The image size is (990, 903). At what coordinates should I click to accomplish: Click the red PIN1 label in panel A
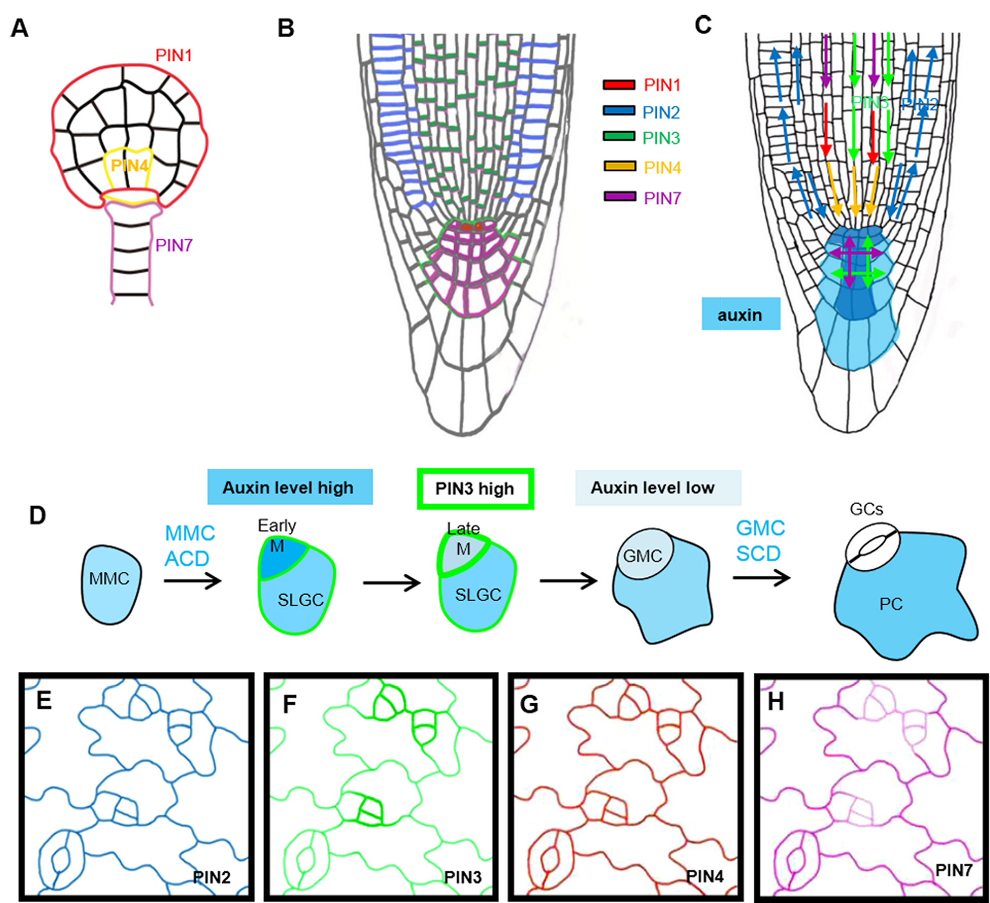click(173, 55)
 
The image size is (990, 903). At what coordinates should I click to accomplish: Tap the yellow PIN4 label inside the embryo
click(129, 166)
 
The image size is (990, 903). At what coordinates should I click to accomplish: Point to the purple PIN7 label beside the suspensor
click(174, 245)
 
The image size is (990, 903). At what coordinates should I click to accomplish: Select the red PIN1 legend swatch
click(619, 85)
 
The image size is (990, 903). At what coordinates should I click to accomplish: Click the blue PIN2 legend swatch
click(619, 111)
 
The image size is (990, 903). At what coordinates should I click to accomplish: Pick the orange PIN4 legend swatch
click(619, 166)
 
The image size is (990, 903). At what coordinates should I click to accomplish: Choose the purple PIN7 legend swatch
click(619, 197)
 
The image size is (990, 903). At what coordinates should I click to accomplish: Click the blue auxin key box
click(740, 315)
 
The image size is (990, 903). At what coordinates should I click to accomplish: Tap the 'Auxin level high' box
click(289, 487)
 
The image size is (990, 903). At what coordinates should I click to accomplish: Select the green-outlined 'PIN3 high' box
click(475, 488)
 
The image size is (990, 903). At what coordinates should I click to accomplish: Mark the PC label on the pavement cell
click(890, 604)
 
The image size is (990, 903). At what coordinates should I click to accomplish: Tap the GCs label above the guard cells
click(866, 509)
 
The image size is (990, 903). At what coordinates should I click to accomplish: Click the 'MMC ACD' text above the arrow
click(189, 546)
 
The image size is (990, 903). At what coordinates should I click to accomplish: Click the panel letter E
click(44, 701)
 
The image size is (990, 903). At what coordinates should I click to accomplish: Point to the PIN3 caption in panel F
click(462, 878)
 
